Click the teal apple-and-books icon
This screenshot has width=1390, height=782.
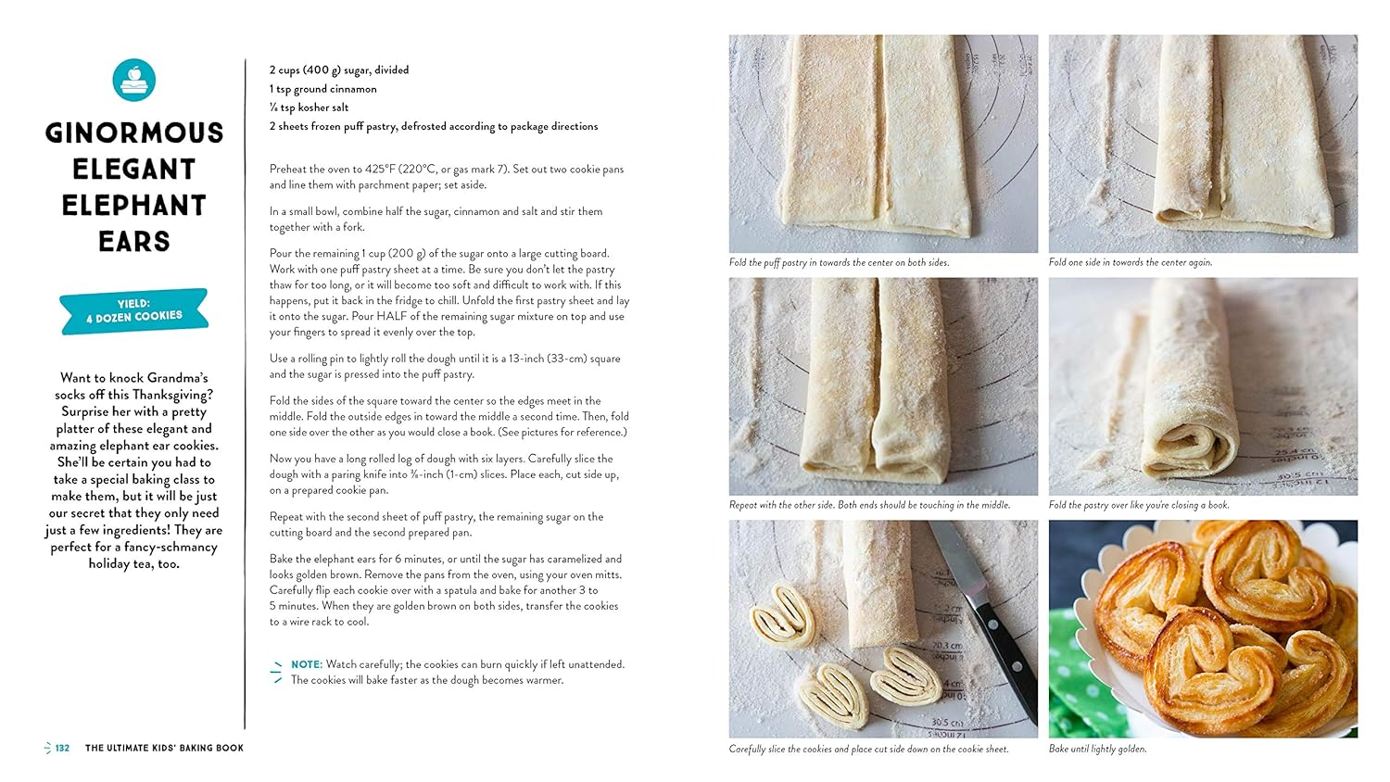click(134, 80)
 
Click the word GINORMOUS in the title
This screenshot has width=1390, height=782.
click(134, 132)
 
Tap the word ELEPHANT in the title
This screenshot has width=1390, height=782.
click(134, 206)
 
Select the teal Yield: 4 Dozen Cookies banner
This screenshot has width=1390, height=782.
click(134, 310)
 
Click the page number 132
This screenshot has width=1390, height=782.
click(62, 748)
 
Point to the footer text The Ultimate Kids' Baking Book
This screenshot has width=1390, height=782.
click(164, 748)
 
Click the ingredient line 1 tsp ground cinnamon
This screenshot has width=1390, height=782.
click(322, 89)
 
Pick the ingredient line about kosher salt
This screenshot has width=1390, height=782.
click(309, 107)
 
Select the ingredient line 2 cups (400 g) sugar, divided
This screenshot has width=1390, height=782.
click(339, 70)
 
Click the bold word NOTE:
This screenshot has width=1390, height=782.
click(307, 664)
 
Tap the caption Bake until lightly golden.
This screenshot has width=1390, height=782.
click(1097, 749)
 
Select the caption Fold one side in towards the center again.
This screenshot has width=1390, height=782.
click(1130, 262)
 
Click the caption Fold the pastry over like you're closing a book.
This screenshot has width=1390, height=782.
click(1139, 505)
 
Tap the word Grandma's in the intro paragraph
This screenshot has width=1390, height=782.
click(177, 378)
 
